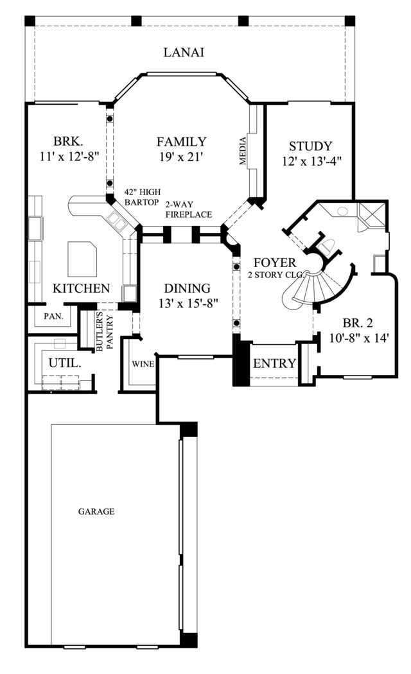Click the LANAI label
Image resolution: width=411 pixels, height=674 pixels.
[x=184, y=53]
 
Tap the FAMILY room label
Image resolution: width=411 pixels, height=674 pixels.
[x=182, y=141]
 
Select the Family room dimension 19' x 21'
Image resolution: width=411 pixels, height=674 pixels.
[x=181, y=157]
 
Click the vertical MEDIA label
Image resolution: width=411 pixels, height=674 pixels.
[x=243, y=150]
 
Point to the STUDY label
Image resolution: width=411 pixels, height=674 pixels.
[x=310, y=146]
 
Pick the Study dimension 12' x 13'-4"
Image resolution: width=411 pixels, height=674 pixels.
[x=311, y=162]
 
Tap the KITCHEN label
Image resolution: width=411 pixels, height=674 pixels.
[x=82, y=288]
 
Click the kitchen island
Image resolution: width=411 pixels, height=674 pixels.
[x=82, y=259]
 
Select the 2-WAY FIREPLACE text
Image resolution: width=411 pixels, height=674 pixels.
[x=189, y=209]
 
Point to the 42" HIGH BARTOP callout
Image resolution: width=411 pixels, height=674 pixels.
[x=143, y=197]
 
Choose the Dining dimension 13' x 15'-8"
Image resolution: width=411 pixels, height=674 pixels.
[x=189, y=304]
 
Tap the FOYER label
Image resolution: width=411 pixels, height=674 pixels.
[x=275, y=262]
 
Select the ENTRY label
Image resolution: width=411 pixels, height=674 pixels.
[x=275, y=363]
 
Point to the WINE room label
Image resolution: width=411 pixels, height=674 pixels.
[x=143, y=364]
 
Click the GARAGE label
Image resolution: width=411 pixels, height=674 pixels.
[x=96, y=512]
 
